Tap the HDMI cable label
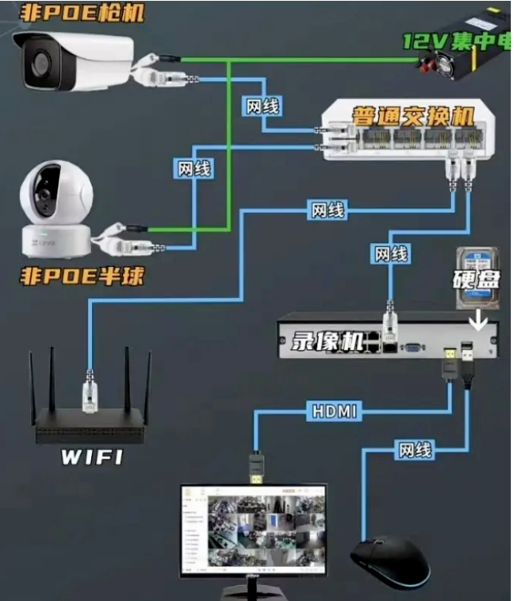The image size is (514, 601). pos(334,412)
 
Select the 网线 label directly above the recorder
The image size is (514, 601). pos(391,255)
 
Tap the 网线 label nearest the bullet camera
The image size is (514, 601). pos(263,105)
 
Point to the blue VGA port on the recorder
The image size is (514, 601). pos(413,347)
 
